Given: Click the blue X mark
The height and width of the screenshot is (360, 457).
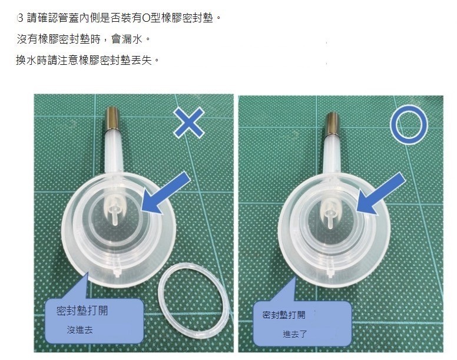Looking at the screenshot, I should [189, 124].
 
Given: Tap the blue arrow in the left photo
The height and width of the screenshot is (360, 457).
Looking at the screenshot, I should [167, 193].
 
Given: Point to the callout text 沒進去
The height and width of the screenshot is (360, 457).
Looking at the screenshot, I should [80, 331].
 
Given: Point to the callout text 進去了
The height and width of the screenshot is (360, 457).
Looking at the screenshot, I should [294, 335].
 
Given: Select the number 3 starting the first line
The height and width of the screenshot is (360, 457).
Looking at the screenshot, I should [21, 19].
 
